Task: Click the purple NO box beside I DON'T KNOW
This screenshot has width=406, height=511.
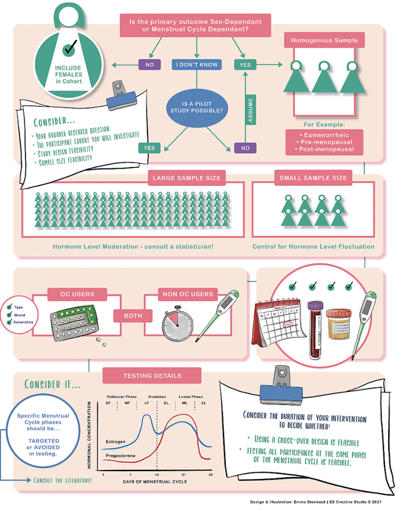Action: click(149, 65)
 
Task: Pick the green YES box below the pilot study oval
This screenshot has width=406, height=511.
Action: click(149, 148)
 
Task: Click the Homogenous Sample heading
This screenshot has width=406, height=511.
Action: click(324, 40)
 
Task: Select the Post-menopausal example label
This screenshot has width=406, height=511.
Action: click(327, 149)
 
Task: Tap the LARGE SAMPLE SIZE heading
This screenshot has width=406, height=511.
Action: click(186, 177)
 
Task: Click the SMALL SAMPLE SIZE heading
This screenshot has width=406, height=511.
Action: click(313, 177)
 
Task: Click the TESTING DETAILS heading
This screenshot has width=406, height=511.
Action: click(152, 375)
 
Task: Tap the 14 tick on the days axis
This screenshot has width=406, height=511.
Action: click(157, 474)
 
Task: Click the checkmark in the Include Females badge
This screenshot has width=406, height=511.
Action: click(69, 50)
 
